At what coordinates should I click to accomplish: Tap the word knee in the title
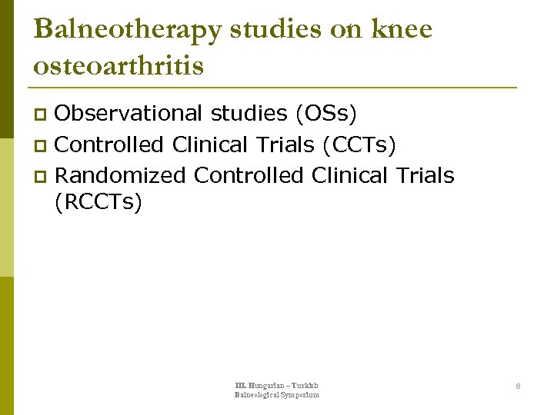coord(402,29)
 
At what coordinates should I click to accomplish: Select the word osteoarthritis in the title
coord(119,66)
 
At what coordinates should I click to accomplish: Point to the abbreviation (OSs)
coord(325,113)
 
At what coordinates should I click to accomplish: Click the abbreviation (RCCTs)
coord(98,204)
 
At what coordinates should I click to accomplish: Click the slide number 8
coord(518,386)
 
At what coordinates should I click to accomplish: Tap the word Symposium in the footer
coord(299,395)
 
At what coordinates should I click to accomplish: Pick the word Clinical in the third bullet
coord(350,175)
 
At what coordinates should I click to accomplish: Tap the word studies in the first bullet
coord(249,113)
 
